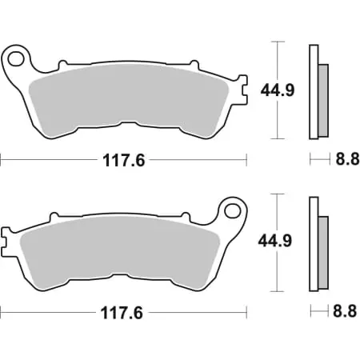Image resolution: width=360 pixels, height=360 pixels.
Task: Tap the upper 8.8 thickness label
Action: click(342, 160)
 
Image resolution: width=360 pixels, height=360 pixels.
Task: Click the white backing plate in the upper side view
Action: click(313, 88)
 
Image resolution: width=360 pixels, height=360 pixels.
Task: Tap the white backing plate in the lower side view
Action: click(313, 240)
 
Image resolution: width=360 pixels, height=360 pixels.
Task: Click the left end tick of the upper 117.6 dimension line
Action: click(2, 160)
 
